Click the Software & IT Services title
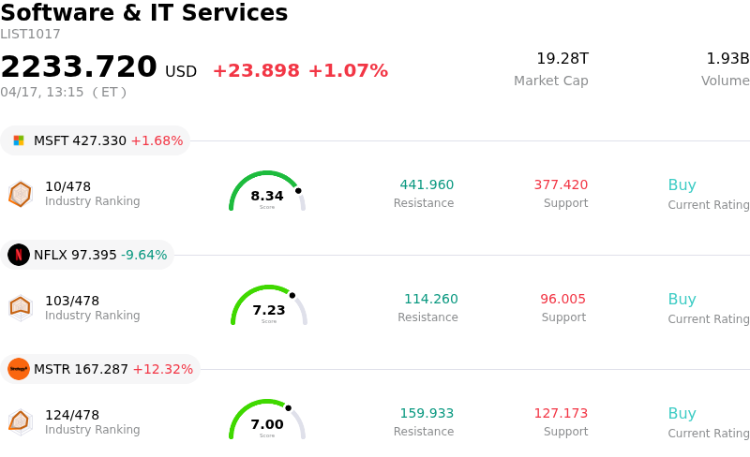[143, 14]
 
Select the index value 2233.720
[79, 67]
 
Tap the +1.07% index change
[348, 71]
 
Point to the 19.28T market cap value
[562, 59]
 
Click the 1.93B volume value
[727, 59]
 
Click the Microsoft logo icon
[19, 140]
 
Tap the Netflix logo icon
[19, 255]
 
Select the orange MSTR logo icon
[19, 369]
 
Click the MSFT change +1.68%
[157, 140]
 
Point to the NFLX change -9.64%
[143, 255]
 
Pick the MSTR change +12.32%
[162, 369]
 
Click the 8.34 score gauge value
[267, 196]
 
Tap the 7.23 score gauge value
[269, 310]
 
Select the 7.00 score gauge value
[267, 424]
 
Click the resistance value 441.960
[427, 185]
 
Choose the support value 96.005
[562, 300]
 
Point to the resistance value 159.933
[427, 414]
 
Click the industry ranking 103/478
[72, 301]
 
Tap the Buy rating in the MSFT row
[682, 185]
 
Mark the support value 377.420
[561, 185]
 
